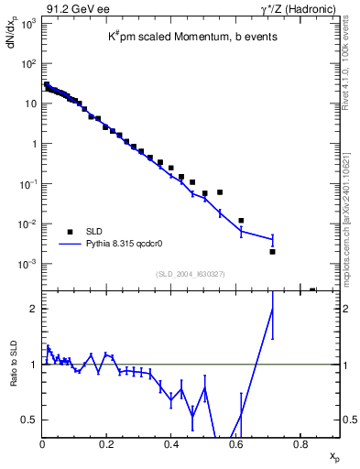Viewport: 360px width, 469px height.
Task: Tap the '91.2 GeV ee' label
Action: (71, 7)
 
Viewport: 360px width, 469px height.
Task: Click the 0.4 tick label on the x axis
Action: (171, 445)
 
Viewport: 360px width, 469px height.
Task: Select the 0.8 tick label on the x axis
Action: (300, 445)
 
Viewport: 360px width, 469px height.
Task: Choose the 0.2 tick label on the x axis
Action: (107, 445)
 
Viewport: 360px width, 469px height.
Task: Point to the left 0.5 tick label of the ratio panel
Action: (29, 420)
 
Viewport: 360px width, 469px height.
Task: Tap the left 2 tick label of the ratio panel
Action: (34, 309)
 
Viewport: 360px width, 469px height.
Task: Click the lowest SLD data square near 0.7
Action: (272, 251)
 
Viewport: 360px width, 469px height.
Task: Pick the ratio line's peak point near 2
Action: (272, 309)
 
